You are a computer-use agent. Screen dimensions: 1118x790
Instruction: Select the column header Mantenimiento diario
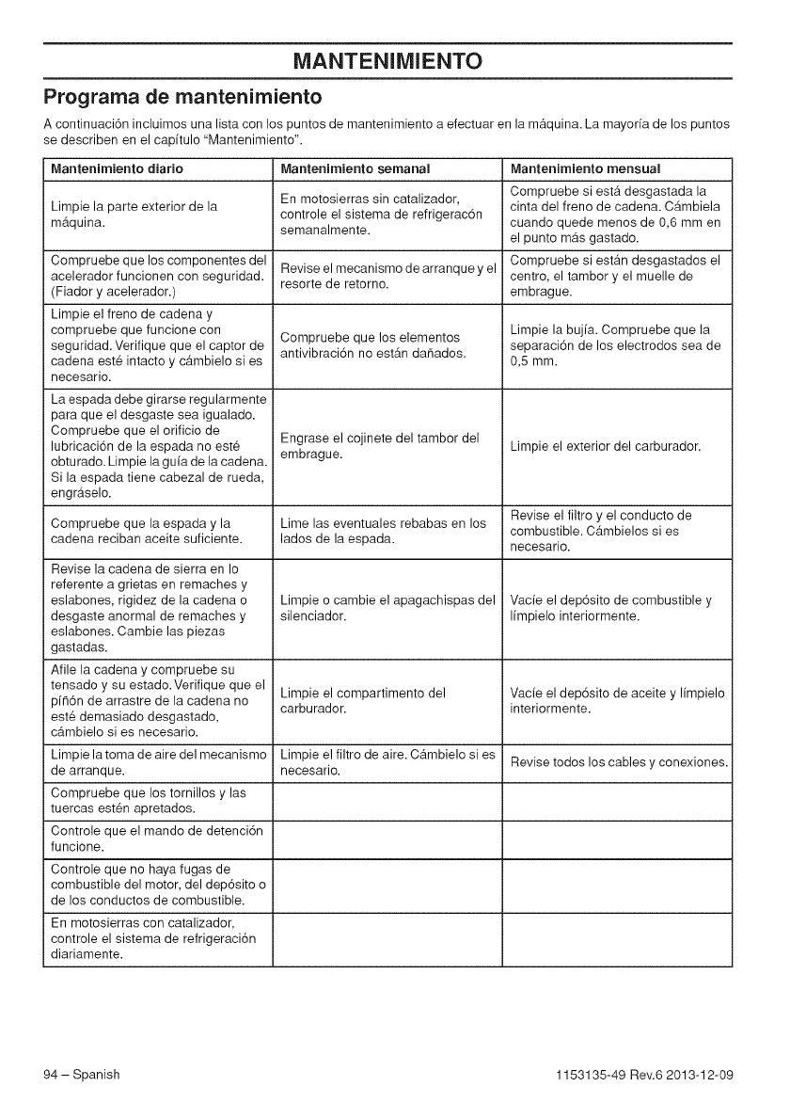117,168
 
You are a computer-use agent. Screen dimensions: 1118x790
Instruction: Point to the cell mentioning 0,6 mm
615,215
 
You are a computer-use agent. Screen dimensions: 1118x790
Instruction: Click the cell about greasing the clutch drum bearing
380,445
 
